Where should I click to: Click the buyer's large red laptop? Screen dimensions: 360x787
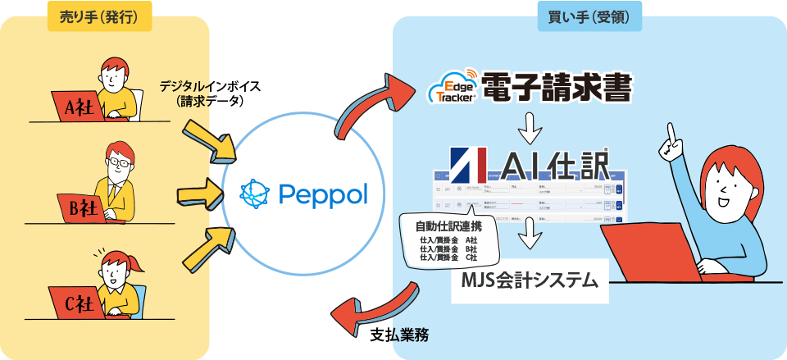648,254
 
